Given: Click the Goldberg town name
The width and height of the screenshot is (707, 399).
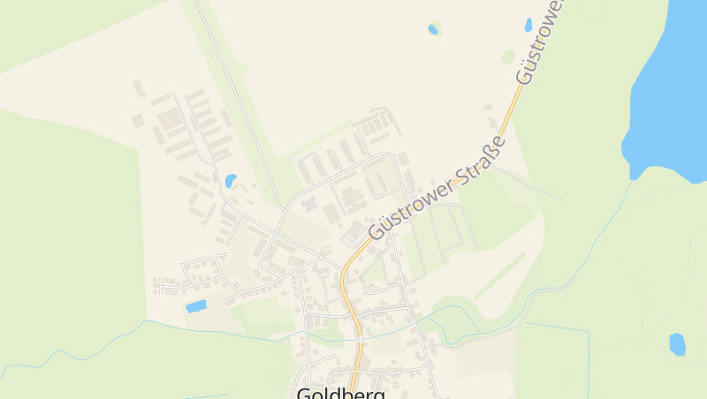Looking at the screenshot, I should click(x=341, y=393).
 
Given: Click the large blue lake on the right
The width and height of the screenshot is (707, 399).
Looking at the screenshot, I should click(x=672, y=79).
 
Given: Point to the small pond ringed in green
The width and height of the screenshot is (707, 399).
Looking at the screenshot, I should click(x=433, y=29).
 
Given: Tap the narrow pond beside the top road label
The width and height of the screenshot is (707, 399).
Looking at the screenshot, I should click(x=528, y=25).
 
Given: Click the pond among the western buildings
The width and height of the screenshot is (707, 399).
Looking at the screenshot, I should click(x=231, y=181).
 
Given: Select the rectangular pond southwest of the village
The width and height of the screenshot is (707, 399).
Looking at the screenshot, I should click(x=196, y=306).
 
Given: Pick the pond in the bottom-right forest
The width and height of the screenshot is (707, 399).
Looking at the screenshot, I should click(x=677, y=343).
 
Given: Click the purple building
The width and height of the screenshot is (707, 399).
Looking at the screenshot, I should click(x=308, y=204).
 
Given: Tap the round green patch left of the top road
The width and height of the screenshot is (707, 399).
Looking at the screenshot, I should click(x=508, y=56).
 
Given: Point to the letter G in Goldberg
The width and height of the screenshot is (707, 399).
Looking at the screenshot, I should click(x=306, y=393).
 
